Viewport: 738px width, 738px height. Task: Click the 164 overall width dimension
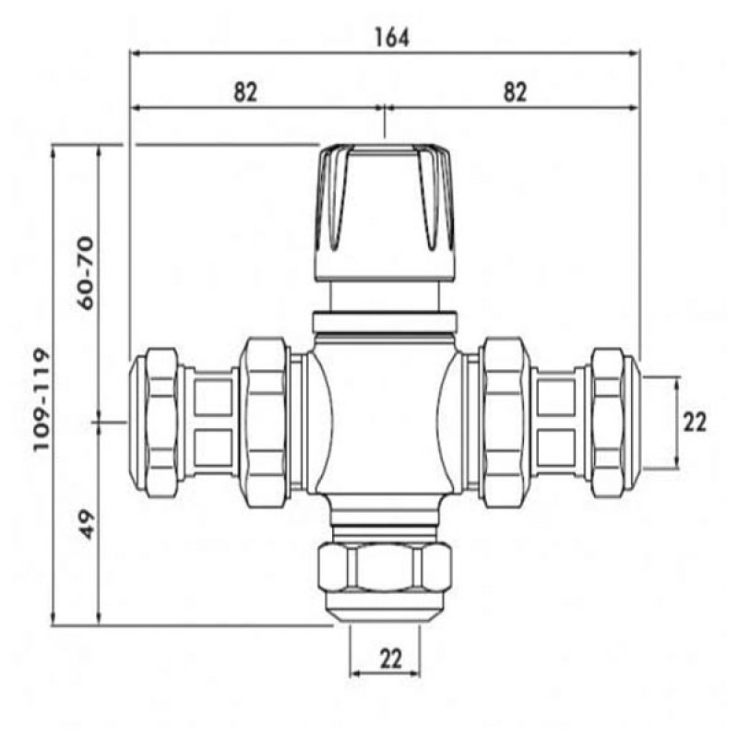tap(391, 38)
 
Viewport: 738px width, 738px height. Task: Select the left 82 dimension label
tap(245, 92)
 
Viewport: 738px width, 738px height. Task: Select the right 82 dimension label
tap(515, 92)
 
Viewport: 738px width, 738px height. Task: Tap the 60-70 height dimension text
tap(86, 273)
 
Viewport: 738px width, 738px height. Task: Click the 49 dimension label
tap(86, 525)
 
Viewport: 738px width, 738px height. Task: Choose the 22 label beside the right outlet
tap(695, 423)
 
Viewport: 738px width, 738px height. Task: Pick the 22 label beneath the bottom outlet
tap(391, 659)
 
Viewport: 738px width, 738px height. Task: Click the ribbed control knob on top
tap(385, 214)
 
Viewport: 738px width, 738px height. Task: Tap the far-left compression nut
tap(154, 423)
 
